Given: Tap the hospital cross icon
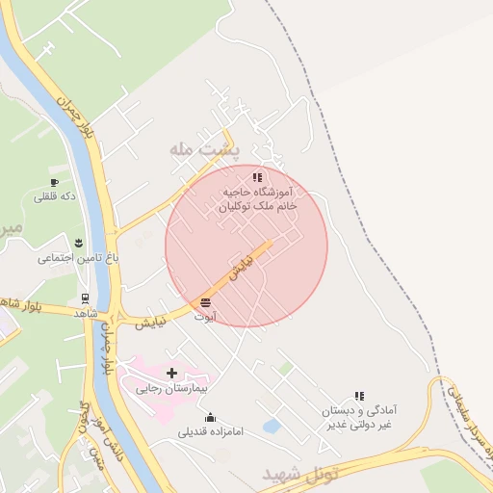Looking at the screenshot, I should click(172, 373).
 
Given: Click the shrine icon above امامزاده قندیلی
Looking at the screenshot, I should click(211, 416).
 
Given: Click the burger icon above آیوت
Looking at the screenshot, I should click(205, 302).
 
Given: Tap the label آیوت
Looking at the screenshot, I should click(205, 316).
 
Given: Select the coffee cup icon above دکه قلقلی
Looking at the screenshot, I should click(55, 182).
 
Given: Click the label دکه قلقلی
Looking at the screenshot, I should click(55, 197).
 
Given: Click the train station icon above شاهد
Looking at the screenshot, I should click(86, 298).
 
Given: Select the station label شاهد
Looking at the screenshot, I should click(86, 314).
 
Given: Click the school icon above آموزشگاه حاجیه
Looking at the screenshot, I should click(256, 177).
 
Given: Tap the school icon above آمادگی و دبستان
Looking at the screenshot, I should click(359, 395).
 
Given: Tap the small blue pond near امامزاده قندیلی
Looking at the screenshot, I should click(272, 426).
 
